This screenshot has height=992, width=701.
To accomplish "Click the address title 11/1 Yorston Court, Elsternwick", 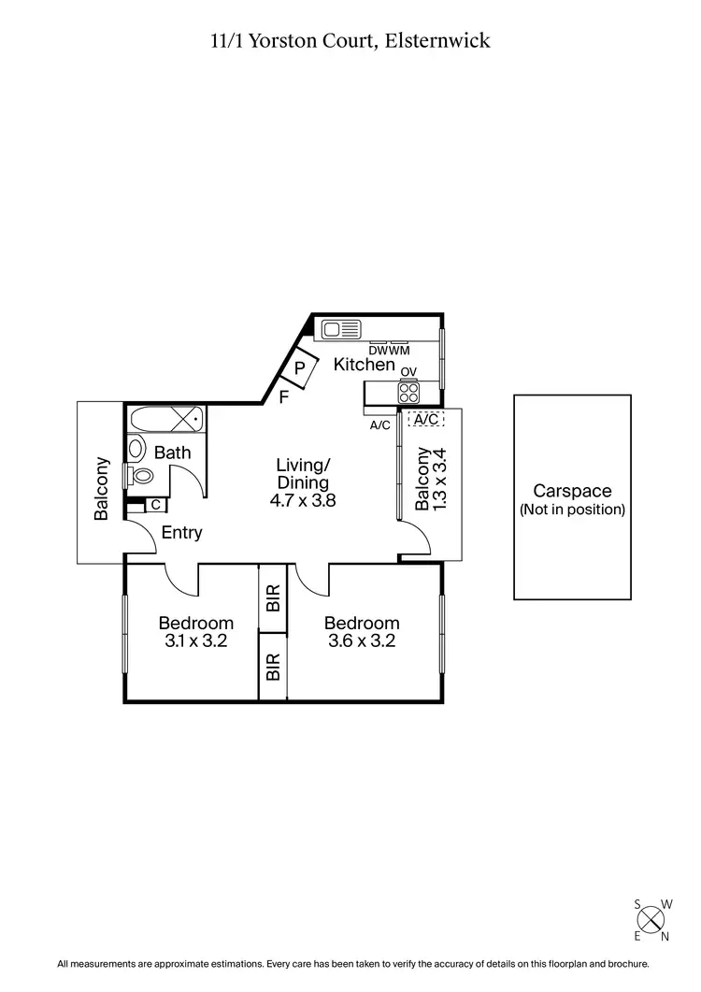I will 350,40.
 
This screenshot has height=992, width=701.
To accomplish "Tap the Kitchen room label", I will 365,365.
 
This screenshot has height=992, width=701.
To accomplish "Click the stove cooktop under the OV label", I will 408,393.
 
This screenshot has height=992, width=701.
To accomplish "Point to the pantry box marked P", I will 300,368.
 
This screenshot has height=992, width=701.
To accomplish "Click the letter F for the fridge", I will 284,397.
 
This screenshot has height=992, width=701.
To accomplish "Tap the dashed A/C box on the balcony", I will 425,420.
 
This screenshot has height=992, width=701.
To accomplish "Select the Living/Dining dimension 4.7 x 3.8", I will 303,500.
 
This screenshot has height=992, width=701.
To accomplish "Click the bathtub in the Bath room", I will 165,419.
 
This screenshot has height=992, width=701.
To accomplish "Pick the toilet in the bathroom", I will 141,476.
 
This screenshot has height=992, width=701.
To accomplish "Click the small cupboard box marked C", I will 155,506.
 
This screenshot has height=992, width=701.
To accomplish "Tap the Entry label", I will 181,533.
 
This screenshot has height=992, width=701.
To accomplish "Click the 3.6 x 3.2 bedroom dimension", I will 362,641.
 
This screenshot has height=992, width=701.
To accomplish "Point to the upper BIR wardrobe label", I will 273,598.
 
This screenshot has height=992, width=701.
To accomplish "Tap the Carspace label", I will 572,491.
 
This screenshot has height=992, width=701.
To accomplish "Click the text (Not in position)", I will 572,510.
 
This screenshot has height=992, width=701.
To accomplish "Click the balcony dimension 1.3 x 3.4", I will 443,479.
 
